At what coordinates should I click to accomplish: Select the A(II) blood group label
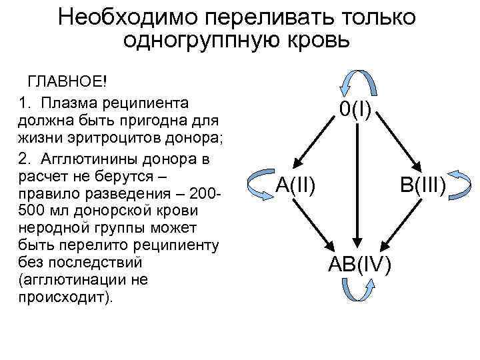coord(296,185)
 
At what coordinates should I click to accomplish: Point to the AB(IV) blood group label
coord(359,264)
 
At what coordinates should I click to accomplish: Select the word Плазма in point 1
coord(71,103)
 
